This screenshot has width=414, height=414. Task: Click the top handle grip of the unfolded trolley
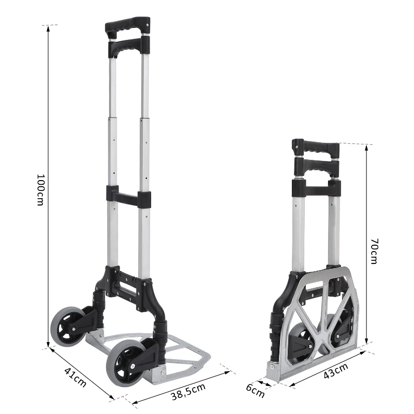click(x=128, y=26)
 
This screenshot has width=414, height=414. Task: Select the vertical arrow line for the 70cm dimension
click(x=366, y=243)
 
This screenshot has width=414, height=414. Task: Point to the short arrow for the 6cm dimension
click(x=264, y=384)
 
